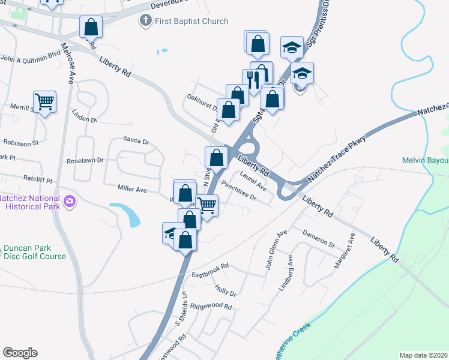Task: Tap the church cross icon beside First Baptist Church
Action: pyautogui.click(x=145, y=21)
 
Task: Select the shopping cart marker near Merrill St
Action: pyautogui.click(x=44, y=102)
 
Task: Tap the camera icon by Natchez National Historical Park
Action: pyautogui.click(x=70, y=201)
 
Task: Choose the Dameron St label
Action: pyautogui.click(x=318, y=238)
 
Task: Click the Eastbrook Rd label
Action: pyautogui.click(x=211, y=270)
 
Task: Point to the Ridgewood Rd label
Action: pyautogui.click(x=211, y=306)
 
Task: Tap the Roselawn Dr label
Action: pyautogui.click(x=86, y=161)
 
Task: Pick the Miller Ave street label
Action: pyautogui.click(x=132, y=189)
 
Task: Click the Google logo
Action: pyautogui.click(x=20, y=353)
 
